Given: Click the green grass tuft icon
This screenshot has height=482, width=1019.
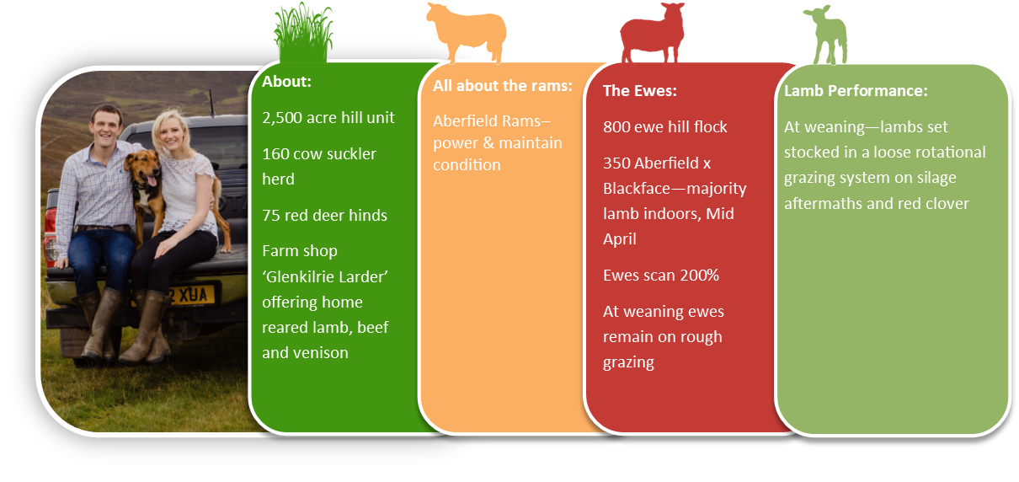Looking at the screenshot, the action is [303, 33].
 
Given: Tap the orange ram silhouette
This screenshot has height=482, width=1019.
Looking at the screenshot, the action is [467, 33].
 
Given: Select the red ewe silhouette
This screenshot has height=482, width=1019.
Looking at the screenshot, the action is [653, 34].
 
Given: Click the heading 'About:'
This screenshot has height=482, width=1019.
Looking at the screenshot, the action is [286, 82].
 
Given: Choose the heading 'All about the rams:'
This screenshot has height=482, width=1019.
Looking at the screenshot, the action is [503, 86].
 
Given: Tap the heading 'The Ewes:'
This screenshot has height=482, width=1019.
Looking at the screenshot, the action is [639, 90].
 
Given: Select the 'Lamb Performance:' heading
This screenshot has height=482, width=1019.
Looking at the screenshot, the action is [856, 90].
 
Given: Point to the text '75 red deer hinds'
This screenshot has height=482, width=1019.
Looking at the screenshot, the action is [324, 215].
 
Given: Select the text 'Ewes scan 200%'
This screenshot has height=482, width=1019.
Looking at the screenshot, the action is [661, 276].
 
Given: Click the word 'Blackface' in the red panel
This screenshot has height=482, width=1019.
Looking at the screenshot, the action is [638, 189].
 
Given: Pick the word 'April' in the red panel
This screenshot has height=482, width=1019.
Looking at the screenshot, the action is [620, 239].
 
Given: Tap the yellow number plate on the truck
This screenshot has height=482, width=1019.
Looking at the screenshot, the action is [190, 296].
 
